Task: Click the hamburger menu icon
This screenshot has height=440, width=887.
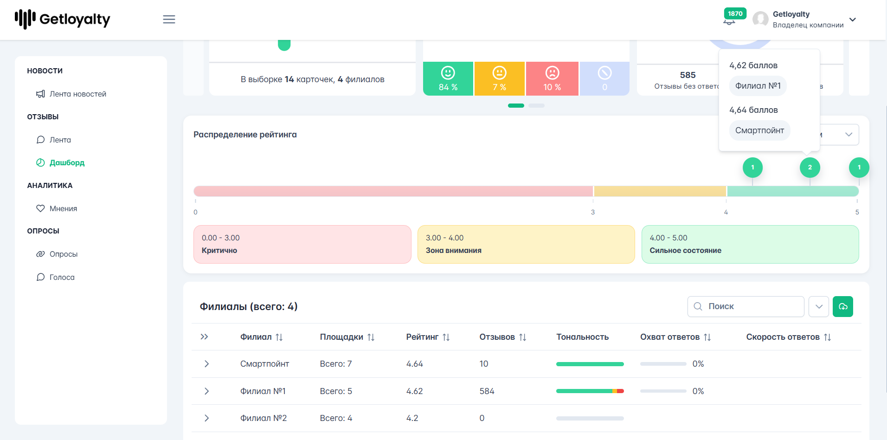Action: [169, 19]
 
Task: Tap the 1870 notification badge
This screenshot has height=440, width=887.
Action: [735, 13]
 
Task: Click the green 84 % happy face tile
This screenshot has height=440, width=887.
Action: [448, 79]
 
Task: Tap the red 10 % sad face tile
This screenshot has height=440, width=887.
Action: [552, 79]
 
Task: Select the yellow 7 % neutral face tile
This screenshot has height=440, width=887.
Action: [500, 79]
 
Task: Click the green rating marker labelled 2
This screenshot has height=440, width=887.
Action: [810, 168]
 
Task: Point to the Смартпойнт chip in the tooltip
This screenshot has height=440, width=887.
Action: [759, 130]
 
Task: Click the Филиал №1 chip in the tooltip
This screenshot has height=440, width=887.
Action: [758, 86]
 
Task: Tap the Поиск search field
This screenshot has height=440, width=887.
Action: [746, 306]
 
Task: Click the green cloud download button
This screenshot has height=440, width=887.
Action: [843, 306]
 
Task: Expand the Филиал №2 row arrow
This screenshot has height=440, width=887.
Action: [206, 418]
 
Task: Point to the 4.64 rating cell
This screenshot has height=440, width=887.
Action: [414, 364]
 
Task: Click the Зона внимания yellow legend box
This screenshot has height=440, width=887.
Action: [526, 244]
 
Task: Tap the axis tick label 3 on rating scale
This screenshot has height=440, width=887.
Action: [593, 212]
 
